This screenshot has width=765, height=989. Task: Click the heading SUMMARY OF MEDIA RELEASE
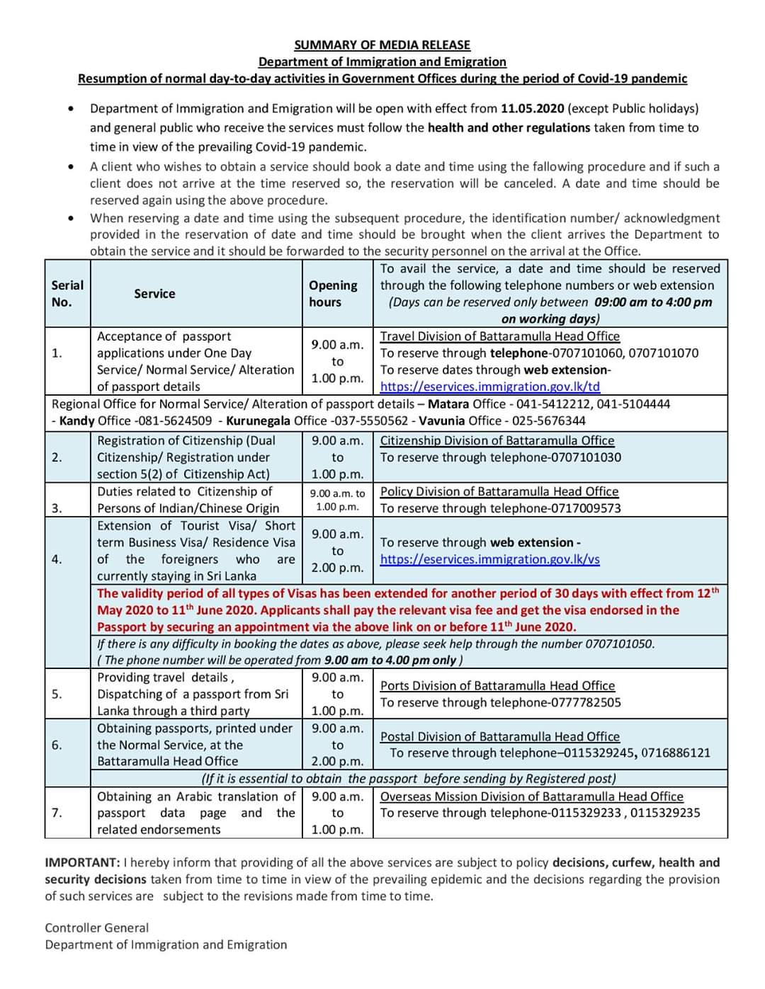coord(382,45)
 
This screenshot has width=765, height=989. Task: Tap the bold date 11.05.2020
coord(532,108)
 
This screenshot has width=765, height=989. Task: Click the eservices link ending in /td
coord(489,387)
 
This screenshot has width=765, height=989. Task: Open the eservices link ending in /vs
coord(489,559)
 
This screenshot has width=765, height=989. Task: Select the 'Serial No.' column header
coord(67,293)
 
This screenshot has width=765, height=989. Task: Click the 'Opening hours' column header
coord(333,293)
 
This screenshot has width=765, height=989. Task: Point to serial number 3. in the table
coord(57,508)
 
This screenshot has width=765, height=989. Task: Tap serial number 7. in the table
coord(57,813)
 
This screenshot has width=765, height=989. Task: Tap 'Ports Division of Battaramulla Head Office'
coord(497,685)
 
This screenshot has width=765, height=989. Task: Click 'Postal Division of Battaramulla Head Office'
coord(499,736)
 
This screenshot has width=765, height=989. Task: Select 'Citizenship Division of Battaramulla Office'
coord(497,440)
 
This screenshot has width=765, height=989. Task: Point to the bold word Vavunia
coord(442,421)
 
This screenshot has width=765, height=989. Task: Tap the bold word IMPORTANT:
coord(82,862)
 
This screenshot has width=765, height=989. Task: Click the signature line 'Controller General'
coord(97,927)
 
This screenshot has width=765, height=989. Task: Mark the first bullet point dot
coord(71,109)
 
